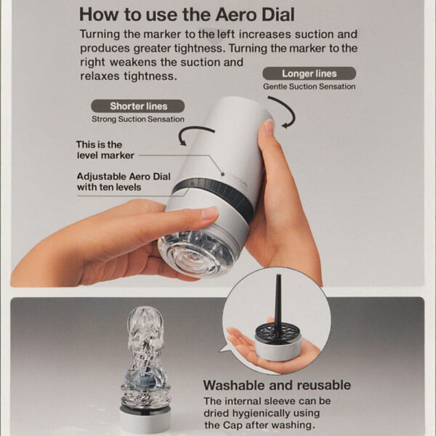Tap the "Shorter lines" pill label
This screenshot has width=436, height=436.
point(137,106)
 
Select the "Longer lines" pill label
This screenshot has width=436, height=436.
point(308,73)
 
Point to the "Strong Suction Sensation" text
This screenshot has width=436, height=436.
point(137,119)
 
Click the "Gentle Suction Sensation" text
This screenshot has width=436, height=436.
point(309,86)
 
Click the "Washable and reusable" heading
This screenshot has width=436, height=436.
point(276,385)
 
